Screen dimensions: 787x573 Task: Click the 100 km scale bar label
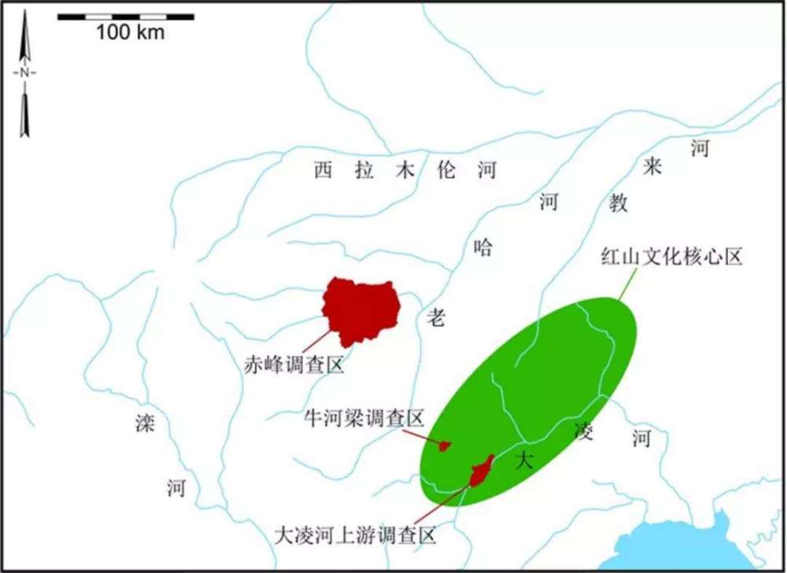(x=131, y=32)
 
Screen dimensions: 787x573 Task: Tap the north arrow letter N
(x=25, y=72)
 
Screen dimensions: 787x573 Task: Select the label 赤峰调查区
(x=294, y=365)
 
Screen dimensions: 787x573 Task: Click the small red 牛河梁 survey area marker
(x=445, y=446)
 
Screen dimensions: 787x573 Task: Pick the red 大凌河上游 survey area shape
(x=481, y=471)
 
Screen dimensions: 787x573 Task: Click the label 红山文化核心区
(x=671, y=257)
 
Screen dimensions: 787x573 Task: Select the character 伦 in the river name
(x=446, y=170)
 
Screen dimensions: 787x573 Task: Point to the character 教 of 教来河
(x=619, y=202)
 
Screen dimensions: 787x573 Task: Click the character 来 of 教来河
(x=654, y=167)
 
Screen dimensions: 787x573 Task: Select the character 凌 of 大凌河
(x=584, y=431)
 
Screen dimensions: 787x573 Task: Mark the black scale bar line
(x=126, y=16)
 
